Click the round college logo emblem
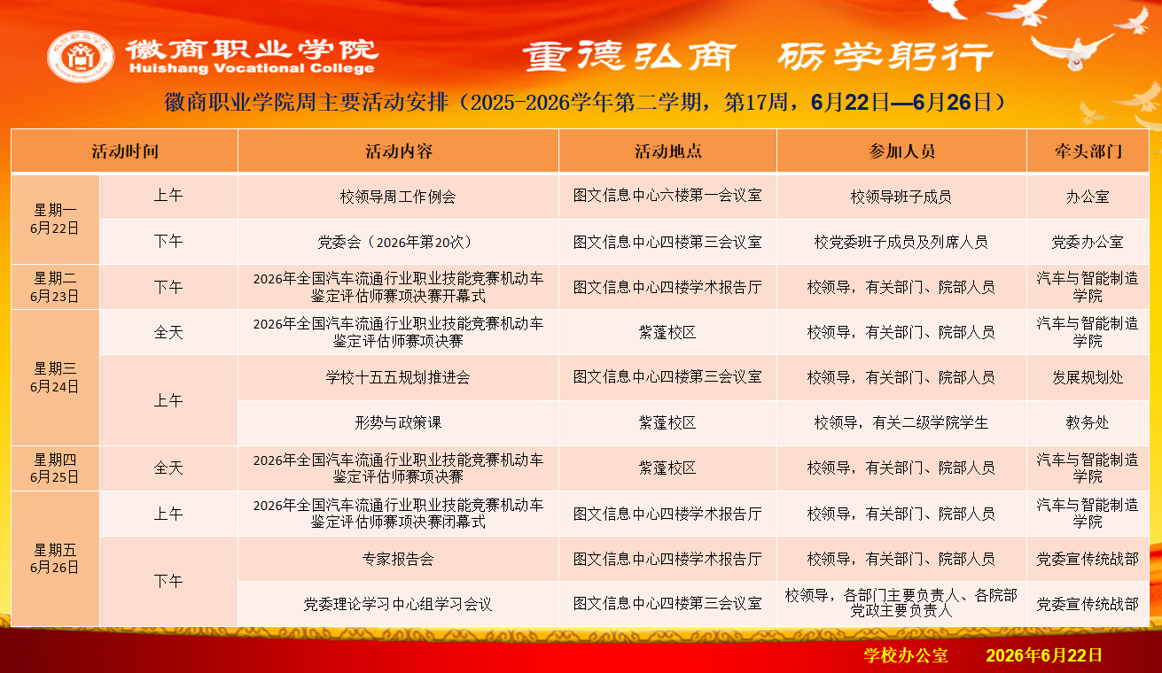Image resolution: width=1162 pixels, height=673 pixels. coord(81,56)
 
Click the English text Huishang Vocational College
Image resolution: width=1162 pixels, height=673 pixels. coord(252,68)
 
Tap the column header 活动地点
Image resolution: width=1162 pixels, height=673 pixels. coord(668,151)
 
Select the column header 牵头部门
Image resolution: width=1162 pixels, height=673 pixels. coord(1088,151)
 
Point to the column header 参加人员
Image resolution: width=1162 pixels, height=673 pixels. coord(901,151)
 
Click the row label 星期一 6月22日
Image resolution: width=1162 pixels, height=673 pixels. coord(54,219)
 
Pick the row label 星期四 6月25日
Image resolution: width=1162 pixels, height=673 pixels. coord(54,468)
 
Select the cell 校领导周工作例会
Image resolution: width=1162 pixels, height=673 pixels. coord(398,197)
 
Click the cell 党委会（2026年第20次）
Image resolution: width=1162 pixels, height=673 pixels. coord(398,242)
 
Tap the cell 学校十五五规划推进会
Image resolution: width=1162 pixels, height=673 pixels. coord(398,377)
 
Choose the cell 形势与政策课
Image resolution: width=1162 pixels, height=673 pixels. coord(398,422)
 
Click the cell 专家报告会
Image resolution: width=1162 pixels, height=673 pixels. coord(398,559)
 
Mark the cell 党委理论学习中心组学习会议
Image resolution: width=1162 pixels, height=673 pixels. coord(398,604)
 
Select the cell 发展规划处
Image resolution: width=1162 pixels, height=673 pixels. coord(1088,377)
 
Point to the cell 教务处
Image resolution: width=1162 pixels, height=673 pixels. coord(1088,422)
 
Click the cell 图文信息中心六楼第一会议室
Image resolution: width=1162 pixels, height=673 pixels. coord(667,196)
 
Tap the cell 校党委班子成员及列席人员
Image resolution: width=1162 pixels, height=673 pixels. coord(901,242)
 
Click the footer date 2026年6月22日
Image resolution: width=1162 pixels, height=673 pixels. coord(1044,655)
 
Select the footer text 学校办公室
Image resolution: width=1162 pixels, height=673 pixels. coord(906,655)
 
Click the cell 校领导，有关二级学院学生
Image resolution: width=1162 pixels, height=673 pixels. coord(901,422)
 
